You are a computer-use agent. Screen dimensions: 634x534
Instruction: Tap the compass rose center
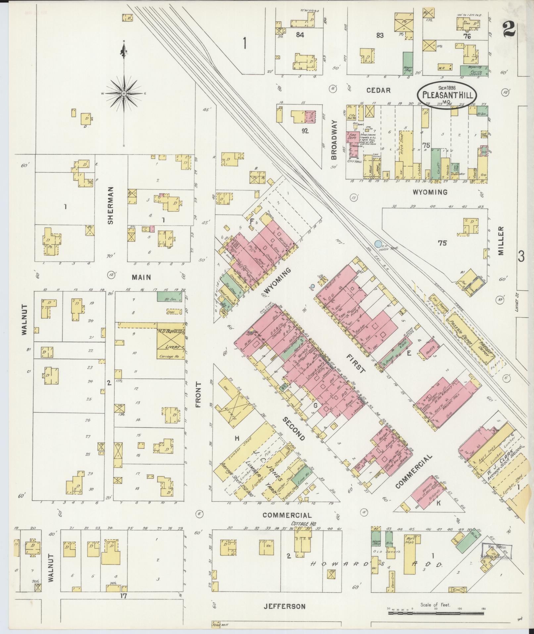(x=124, y=94)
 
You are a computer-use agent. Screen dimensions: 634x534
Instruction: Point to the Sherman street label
(x=111, y=205)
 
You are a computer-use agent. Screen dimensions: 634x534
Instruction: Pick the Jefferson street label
(x=284, y=606)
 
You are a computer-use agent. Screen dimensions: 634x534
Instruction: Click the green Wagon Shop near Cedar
(x=408, y=63)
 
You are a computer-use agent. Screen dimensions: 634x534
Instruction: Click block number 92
(x=305, y=131)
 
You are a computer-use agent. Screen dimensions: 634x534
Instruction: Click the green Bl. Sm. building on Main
(x=169, y=296)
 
